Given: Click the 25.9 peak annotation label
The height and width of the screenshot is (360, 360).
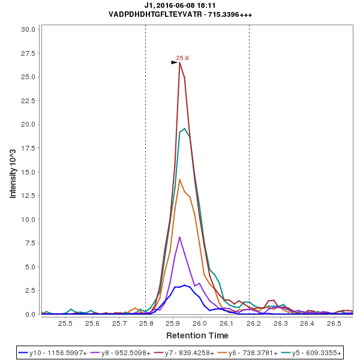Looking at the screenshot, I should tap(182, 58).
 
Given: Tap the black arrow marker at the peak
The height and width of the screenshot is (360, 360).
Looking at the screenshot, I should tap(175, 62).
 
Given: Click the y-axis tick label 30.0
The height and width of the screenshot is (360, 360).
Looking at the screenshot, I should tap(31, 29).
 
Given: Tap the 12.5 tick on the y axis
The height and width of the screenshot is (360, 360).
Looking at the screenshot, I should tap(31, 196).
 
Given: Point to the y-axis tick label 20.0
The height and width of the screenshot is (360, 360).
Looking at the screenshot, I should tap(31, 124).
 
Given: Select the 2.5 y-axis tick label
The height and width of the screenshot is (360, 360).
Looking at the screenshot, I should tap(32, 290).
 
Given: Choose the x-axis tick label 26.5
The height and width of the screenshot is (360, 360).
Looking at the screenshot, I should tap(334, 323).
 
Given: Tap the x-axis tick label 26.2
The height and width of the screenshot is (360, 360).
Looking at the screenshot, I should tap(254, 323).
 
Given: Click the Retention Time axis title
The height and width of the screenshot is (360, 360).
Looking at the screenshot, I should tap(197, 335).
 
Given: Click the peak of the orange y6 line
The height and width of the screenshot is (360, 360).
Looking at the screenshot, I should tap(179, 179).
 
